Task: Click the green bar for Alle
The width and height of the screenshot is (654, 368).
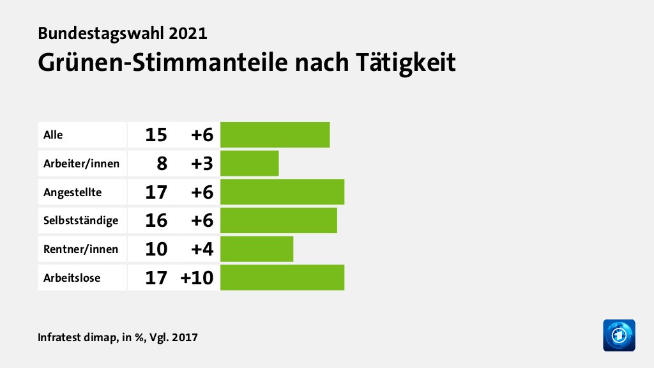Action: [275, 135]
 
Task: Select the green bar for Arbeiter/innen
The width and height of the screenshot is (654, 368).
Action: [249, 163]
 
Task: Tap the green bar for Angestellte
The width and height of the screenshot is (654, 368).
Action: [282, 192]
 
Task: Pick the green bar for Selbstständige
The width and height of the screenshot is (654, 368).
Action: [278, 220]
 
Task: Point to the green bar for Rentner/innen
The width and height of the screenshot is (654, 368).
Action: [256, 249]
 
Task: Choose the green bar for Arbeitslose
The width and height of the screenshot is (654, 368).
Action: [282, 277]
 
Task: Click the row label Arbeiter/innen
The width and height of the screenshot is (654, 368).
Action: [81, 163]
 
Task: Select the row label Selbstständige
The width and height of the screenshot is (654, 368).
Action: [80, 220]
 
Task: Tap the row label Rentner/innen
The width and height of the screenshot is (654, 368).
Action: [80, 249]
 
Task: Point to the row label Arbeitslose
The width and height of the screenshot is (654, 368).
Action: [72, 277]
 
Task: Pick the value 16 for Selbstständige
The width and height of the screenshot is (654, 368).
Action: [156, 220]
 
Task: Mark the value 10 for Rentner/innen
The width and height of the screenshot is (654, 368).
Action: [156, 249]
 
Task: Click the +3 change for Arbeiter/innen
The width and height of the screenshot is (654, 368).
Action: [201, 164]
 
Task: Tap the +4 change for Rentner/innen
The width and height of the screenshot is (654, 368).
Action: [201, 249]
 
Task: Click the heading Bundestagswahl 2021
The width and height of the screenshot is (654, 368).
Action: [123, 33]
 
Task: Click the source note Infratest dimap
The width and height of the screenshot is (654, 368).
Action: [77, 337]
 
